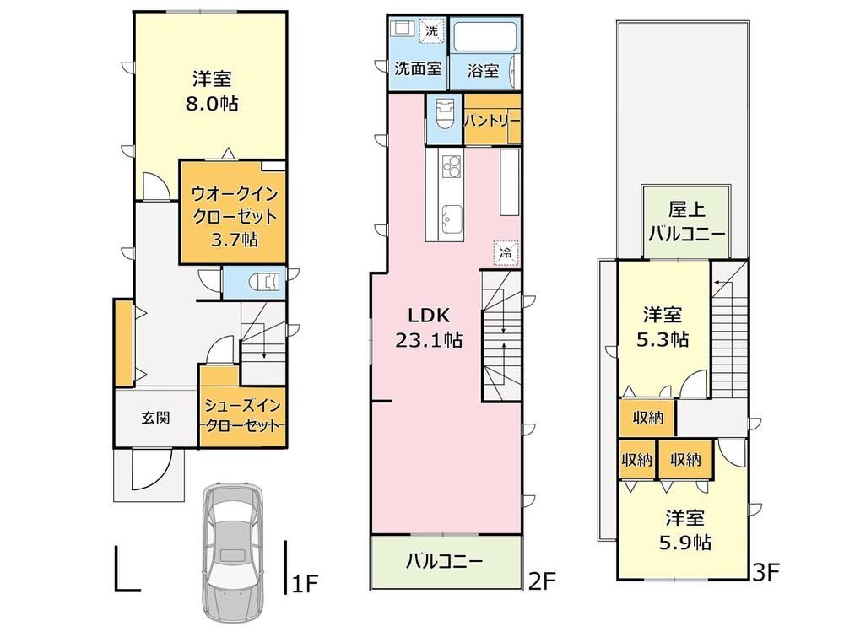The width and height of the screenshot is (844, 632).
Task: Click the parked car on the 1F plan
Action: (233, 553)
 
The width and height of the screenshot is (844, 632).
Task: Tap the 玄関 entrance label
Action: (156, 418)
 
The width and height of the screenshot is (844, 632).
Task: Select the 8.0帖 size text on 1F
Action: (212, 103)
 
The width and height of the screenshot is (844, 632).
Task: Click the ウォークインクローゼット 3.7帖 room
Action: (233, 212)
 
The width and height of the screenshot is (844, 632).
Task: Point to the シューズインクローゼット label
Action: (243, 415)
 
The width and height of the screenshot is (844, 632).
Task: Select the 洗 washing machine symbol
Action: (431, 30)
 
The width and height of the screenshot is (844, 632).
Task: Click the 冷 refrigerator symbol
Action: (506, 253)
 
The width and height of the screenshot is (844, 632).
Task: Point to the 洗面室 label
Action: (419, 68)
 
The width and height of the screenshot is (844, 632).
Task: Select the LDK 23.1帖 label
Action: (429, 327)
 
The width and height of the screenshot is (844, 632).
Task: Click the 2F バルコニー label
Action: (445, 561)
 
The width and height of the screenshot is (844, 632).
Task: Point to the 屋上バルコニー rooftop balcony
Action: (687, 222)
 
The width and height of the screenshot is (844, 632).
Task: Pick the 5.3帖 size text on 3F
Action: (663, 340)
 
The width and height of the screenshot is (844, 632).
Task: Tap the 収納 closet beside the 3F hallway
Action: (647, 418)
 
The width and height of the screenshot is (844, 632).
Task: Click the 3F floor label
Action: (766, 572)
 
